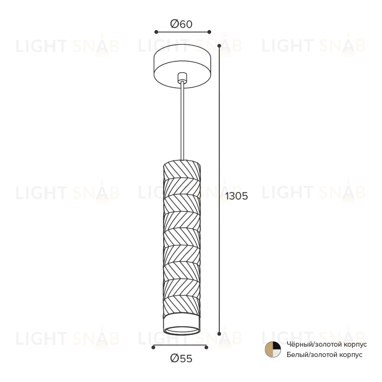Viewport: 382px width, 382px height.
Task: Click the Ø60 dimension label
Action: coord(181,24)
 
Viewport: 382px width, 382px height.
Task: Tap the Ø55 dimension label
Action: coord(181,358)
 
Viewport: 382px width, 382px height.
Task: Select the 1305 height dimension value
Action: coord(237,196)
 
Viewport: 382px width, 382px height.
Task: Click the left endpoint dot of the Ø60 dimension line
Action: coord(156,32)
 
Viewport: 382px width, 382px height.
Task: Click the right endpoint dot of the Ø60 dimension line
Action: coord(209,32)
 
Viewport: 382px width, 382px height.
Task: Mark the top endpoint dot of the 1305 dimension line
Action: coord(219,46)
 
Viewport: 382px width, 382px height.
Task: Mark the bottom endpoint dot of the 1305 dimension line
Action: coord(219,334)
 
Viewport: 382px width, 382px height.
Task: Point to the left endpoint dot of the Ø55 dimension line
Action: coord(153,348)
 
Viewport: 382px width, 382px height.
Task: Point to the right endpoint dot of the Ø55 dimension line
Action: coord(207,348)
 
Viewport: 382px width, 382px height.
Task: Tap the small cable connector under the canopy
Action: coord(182,77)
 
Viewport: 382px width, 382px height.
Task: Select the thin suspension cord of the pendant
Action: coord(182,121)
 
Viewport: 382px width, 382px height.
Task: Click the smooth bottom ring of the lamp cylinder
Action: coord(182,325)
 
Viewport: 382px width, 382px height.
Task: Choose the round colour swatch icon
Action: coord(273,349)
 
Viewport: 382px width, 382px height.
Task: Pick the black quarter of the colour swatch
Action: coord(276,346)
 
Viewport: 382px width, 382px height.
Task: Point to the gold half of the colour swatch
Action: coord(268,349)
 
